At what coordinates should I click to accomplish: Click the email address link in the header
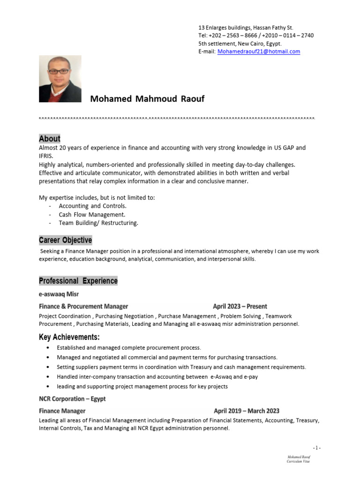click(258, 52)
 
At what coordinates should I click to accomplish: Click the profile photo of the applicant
click(60, 79)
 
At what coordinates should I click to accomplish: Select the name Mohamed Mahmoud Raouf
click(147, 99)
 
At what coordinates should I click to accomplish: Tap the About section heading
click(50, 138)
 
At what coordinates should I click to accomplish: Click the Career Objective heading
click(65, 240)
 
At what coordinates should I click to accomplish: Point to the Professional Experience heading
click(78, 281)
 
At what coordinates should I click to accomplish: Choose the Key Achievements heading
click(69, 337)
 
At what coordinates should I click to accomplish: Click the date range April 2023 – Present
click(240, 307)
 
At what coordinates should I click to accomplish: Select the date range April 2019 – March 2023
click(247, 411)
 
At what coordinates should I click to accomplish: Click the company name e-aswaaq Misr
click(59, 294)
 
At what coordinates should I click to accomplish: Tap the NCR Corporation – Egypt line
click(72, 399)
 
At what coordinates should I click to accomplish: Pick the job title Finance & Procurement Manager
click(83, 307)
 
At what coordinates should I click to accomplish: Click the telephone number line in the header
click(256, 36)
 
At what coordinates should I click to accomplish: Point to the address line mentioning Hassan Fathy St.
click(246, 28)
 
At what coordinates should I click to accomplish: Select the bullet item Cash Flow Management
click(92, 215)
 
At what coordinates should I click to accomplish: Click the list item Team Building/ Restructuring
click(98, 223)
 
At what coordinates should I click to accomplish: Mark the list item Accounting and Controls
click(93, 206)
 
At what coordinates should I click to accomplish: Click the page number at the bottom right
click(317, 448)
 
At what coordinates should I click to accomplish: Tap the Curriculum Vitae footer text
click(298, 461)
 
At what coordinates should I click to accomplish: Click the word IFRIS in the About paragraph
click(46, 156)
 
